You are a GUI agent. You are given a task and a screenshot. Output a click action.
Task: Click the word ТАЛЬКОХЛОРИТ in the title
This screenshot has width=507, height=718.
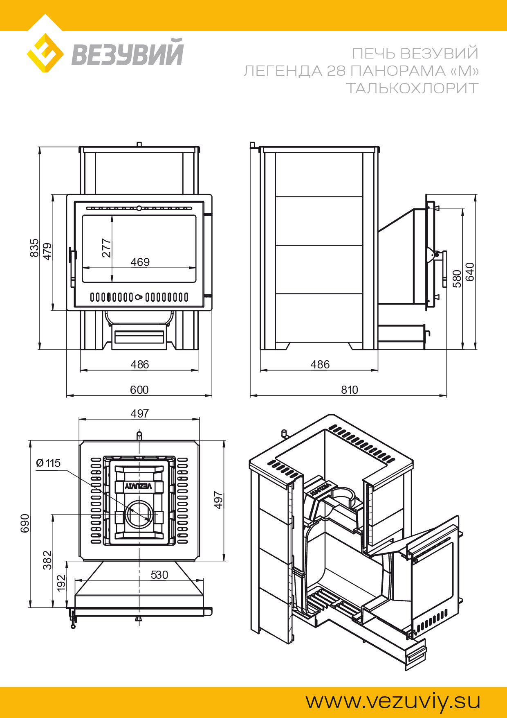tap(412, 88)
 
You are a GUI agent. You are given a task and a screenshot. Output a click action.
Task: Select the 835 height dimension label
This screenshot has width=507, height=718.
tap(34, 248)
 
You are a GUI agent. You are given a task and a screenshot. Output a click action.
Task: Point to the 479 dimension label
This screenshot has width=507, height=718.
tap(47, 251)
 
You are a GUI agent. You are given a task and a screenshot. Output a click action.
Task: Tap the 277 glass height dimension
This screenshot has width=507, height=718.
tap(106, 248)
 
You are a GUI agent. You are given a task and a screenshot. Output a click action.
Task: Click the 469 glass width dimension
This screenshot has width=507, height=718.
tap(140, 262)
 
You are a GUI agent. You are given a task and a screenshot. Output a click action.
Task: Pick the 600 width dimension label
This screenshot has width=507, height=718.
tap(139, 390)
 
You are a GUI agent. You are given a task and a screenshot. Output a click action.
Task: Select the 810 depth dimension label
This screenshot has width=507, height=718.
tap(349, 390)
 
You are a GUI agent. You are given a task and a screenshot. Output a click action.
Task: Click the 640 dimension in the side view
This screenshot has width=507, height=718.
tap(470, 271)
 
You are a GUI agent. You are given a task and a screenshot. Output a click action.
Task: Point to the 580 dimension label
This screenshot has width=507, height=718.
tap(457, 278)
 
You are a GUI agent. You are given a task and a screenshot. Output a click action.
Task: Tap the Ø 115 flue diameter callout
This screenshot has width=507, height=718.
tap(48, 463)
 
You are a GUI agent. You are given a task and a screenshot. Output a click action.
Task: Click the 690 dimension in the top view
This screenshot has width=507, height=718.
tap(25, 523)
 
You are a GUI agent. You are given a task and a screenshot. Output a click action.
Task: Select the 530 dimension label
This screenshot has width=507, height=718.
tap(159, 575)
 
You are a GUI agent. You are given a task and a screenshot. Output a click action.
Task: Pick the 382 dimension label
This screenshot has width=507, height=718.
tap(47, 560)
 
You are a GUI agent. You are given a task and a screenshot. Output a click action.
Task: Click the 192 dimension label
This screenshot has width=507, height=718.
tap(61, 583)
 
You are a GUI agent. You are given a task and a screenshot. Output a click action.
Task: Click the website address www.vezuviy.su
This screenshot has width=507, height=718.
tap(393, 701)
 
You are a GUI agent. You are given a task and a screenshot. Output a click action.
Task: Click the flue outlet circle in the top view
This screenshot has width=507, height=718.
tap(139, 514)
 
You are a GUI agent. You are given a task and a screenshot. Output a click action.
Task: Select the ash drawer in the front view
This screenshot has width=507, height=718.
tap(139, 336)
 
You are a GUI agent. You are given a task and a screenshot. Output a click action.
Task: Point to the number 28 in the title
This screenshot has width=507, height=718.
tap(337, 71)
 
